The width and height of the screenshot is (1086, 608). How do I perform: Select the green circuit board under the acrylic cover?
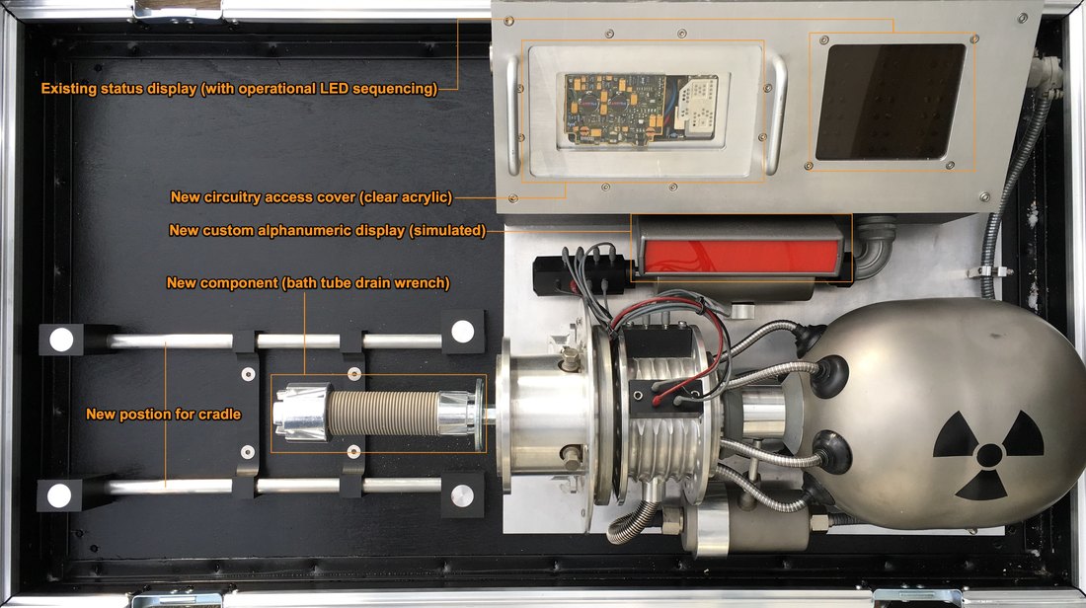pyautogui.click(x=614, y=109)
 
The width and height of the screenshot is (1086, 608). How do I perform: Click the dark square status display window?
pyautogui.click(x=890, y=102)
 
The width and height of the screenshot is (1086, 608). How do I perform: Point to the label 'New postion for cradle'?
pyautogui.click(x=164, y=415)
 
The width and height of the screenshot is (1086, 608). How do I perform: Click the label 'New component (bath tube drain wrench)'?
pyautogui.click(x=308, y=282)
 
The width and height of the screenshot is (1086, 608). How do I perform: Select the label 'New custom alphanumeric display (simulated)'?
pyautogui.click(x=328, y=230)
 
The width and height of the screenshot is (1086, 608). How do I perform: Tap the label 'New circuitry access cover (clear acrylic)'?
pyautogui.click(x=311, y=196)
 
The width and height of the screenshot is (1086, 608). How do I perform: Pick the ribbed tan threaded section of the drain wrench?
pyautogui.click(x=383, y=413)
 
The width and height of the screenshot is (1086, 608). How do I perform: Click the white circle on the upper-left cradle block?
pyautogui.click(x=61, y=340)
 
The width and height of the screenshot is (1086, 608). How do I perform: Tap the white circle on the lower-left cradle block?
pyautogui.click(x=59, y=495)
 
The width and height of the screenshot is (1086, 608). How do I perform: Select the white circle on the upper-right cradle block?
pyautogui.click(x=463, y=332)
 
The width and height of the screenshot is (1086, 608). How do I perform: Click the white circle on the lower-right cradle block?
pyautogui.click(x=462, y=495)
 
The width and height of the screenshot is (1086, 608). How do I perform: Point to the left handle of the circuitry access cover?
pyautogui.click(x=513, y=114)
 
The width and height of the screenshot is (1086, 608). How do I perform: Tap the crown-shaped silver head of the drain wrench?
pyautogui.click(x=301, y=413)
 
